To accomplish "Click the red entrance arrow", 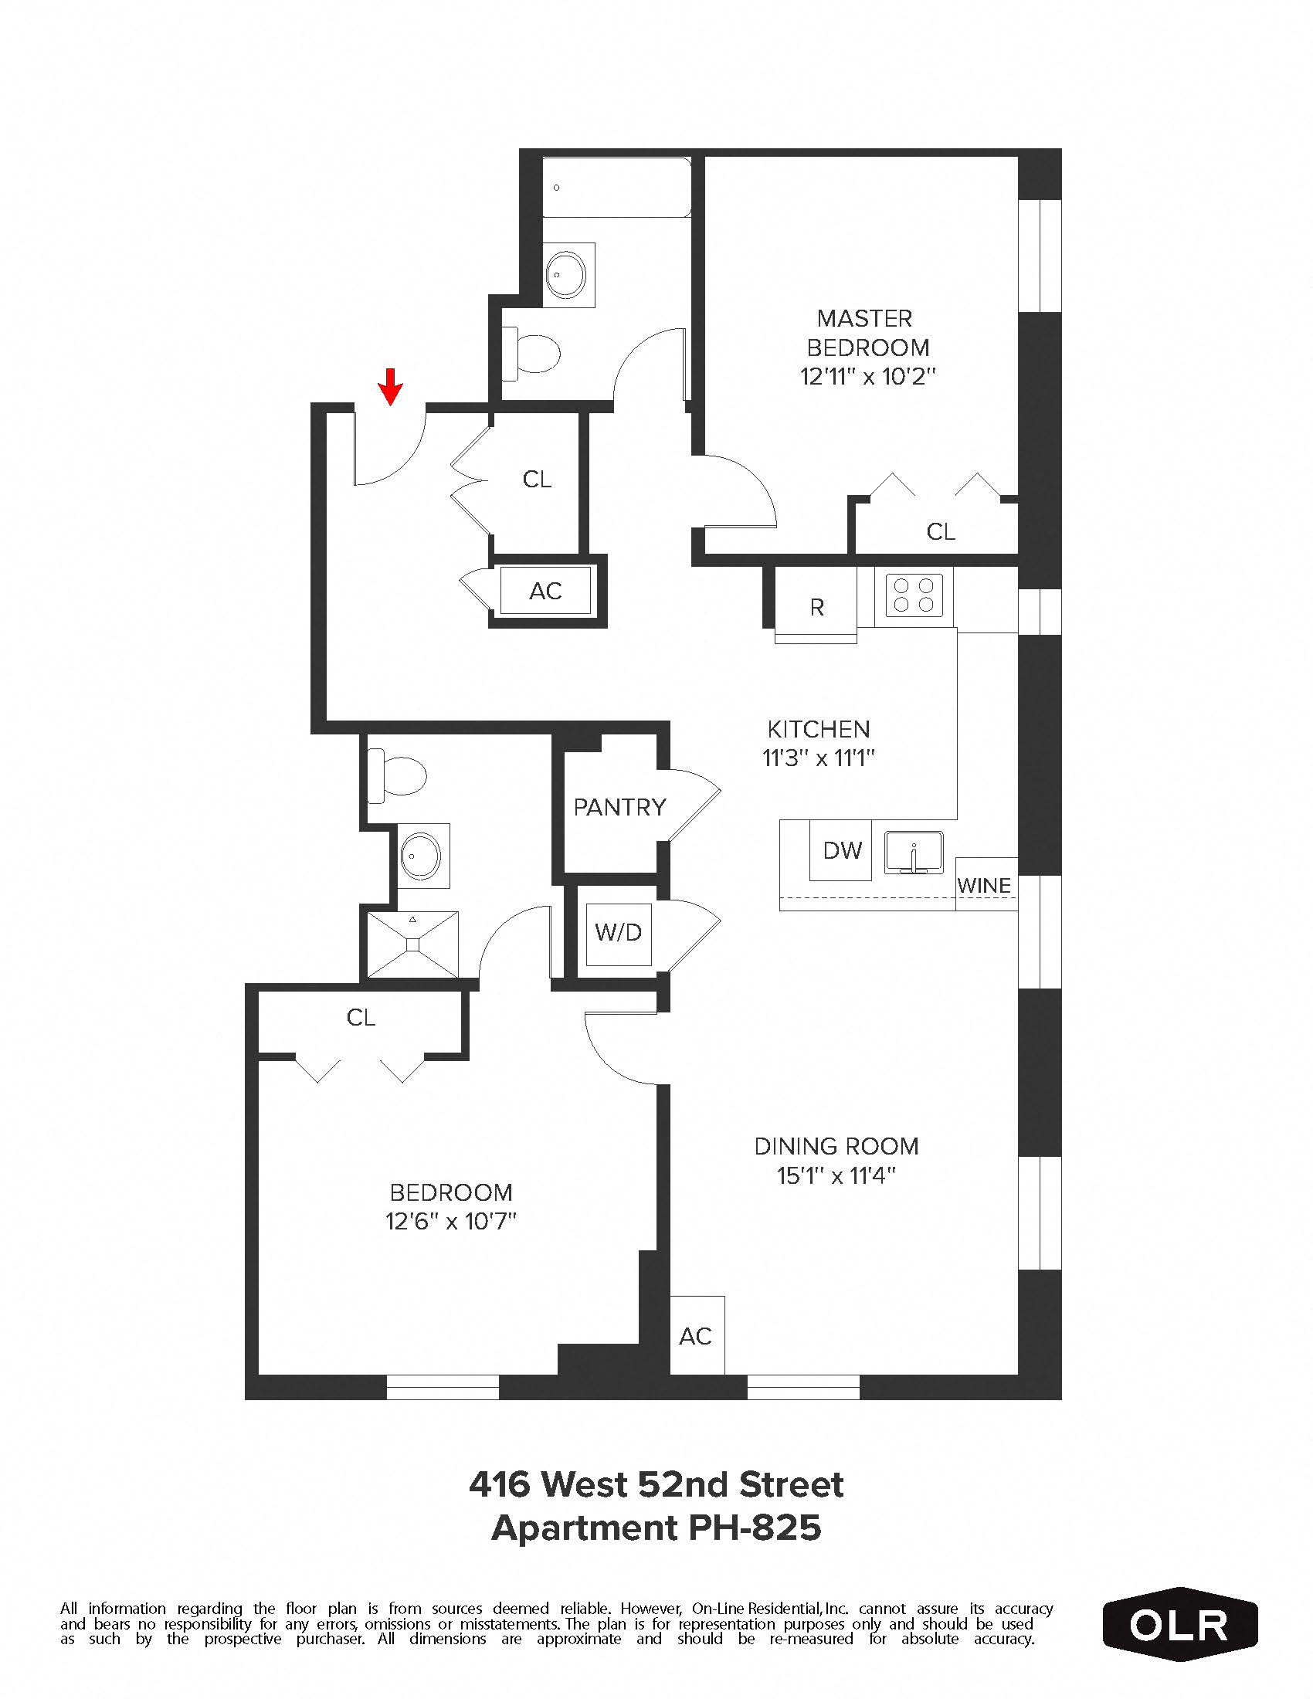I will click(x=390, y=386).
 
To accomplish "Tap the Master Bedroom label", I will click(x=867, y=333).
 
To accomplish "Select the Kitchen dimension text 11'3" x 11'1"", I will click(x=818, y=758).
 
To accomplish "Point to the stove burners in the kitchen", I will click(x=913, y=595).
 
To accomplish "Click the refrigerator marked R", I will click(x=816, y=607).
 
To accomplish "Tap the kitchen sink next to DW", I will click(x=914, y=853).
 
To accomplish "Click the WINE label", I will click(x=984, y=885).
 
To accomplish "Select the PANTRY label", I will click(x=619, y=808).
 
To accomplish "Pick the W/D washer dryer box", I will click(x=619, y=932).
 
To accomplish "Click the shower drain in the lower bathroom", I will click(x=412, y=944).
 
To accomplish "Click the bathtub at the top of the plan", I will click(x=616, y=188).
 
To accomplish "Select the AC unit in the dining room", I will click(x=696, y=1337).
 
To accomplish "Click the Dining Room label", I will click(x=836, y=1146).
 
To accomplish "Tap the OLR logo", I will click(x=1179, y=1625).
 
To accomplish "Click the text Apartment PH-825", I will click(x=656, y=1528).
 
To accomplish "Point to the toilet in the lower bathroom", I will click(x=399, y=775).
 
